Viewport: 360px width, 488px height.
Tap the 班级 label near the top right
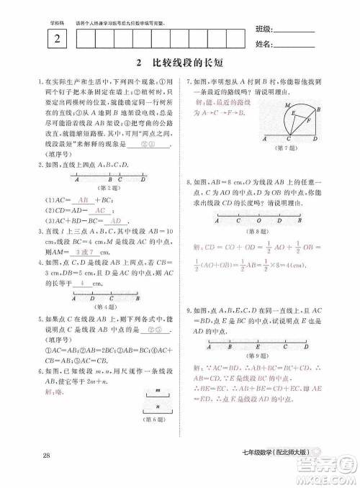click(264, 30)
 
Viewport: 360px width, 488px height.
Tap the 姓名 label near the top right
click(264, 45)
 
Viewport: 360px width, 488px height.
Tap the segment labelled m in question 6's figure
click(156, 395)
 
